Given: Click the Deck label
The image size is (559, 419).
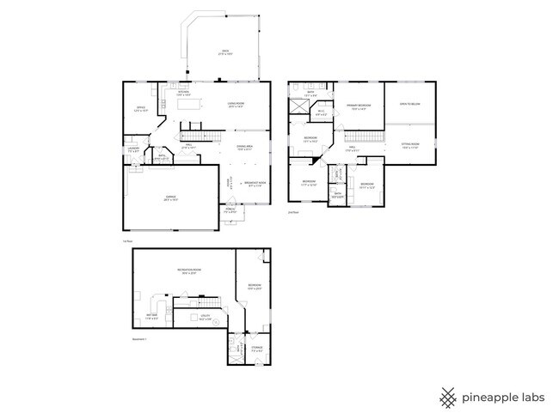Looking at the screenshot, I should [226, 53].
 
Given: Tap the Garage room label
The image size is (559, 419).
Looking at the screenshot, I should [170, 198].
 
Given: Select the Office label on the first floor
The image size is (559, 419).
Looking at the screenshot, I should [140, 109].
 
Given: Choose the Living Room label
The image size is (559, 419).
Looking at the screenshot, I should [236, 105].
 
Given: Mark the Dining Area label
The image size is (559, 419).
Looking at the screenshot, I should [245, 148].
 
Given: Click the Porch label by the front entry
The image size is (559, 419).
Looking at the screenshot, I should [230, 210].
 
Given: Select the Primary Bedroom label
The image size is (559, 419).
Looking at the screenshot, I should [357, 107].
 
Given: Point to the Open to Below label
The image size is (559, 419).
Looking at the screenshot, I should [409, 104].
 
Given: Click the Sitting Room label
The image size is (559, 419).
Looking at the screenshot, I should [410, 145].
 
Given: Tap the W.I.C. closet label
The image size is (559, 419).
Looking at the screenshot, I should [321, 112].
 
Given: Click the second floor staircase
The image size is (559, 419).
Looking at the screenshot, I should [367, 137].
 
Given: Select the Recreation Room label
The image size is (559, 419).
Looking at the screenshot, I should [190, 271].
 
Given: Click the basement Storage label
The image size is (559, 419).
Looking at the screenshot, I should [257, 349].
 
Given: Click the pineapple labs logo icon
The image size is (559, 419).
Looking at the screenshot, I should [448, 398].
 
